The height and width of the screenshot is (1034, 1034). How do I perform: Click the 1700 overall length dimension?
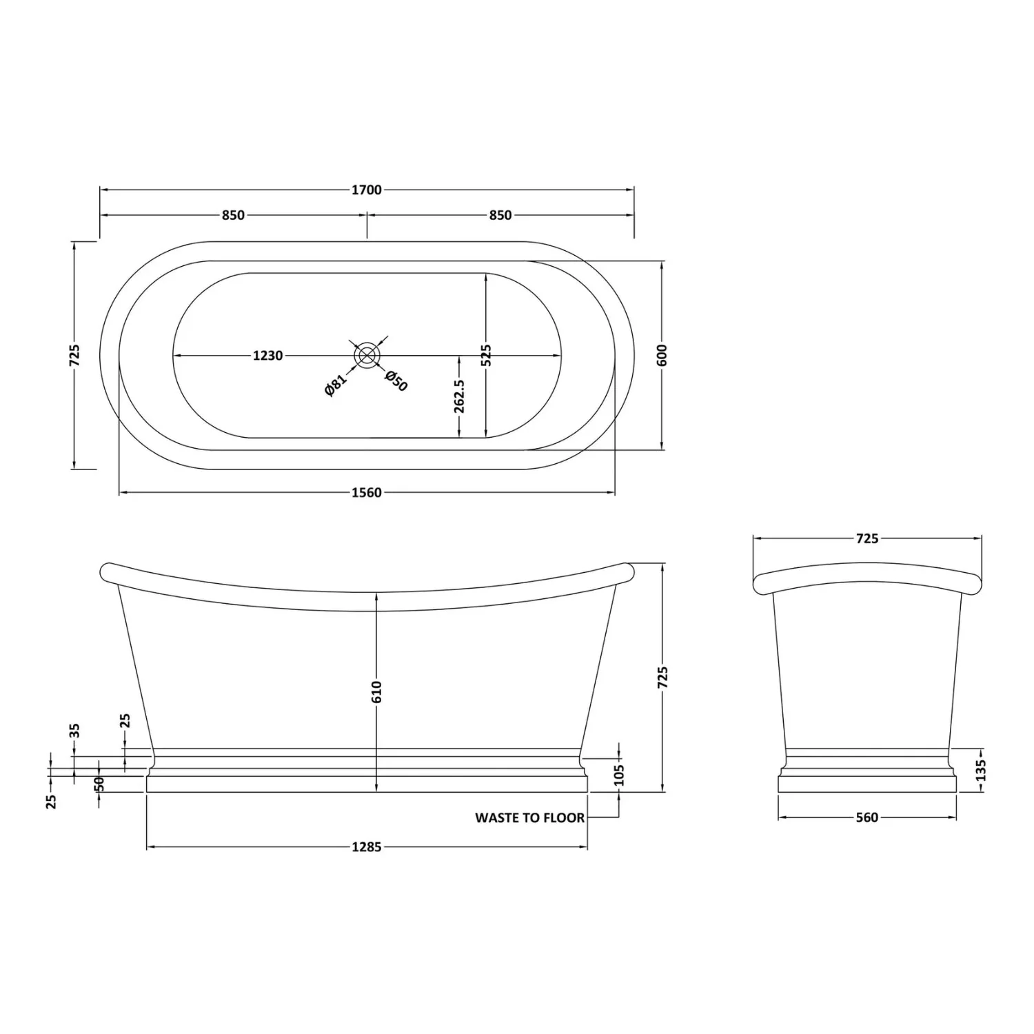click(366, 190)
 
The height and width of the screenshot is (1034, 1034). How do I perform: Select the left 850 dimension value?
click(233, 215)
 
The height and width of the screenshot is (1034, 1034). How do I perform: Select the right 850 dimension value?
click(500, 215)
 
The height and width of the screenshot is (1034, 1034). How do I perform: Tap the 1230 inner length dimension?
click(267, 356)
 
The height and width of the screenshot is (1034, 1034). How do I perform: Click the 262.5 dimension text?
click(460, 396)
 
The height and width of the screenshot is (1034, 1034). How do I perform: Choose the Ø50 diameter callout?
click(396, 381)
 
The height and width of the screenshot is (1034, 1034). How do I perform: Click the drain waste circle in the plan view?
click(367, 355)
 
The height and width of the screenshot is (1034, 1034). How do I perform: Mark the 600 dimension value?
click(663, 355)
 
